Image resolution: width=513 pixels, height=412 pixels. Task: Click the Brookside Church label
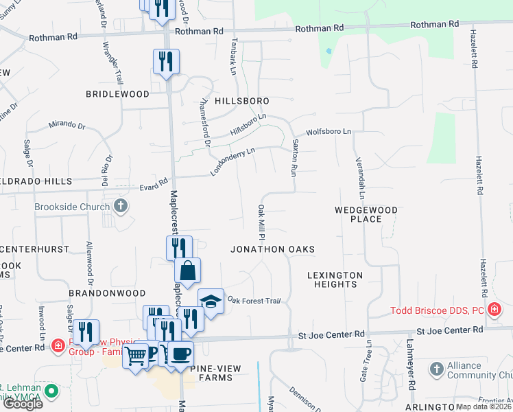73,207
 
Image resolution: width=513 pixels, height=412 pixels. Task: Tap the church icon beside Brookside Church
120,206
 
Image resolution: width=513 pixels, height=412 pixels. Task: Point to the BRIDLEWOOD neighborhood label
117,93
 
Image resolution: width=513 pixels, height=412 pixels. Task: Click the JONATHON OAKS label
272,249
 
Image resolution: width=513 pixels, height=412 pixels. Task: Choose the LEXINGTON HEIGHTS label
335,280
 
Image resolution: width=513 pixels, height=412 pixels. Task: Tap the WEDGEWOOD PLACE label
366,214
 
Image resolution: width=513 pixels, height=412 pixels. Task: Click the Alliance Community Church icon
436,369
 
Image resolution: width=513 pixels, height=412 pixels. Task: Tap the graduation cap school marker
211,301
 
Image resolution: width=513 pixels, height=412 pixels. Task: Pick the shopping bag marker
187,271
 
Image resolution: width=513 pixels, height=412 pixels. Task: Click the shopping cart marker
136,356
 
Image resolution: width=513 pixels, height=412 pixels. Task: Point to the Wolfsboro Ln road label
329,131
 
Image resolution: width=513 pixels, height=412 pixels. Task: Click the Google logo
23,403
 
